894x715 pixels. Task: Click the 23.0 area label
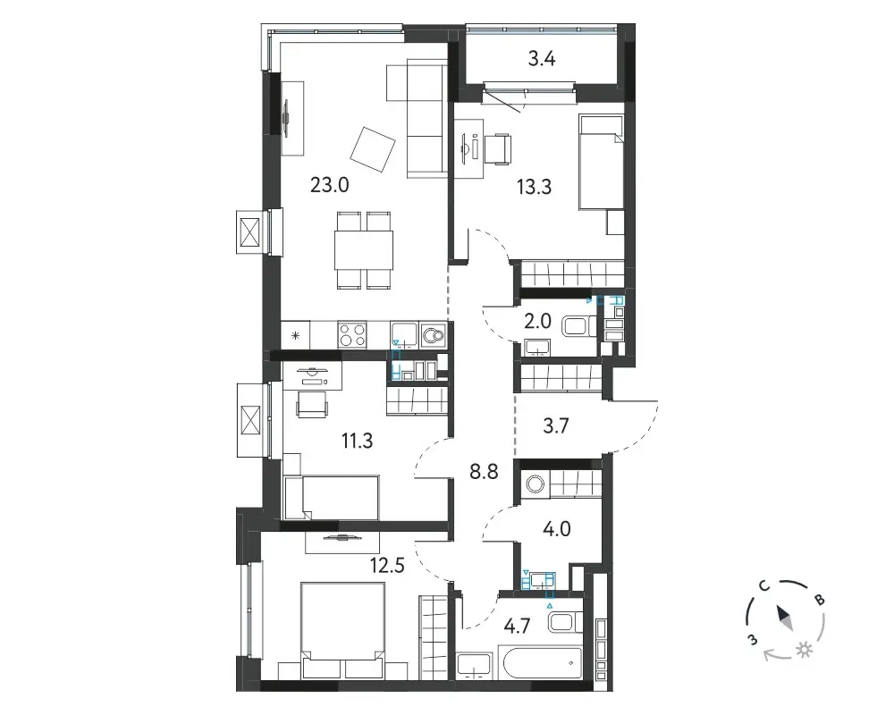point(330,185)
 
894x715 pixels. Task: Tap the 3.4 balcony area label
point(542,58)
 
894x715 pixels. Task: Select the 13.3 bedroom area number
point(535,187)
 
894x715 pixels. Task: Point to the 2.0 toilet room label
point(537,322)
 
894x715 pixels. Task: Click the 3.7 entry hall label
point(556,425)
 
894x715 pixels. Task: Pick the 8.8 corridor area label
point(484,472)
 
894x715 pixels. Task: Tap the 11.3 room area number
point(357,441)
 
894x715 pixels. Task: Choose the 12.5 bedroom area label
point(387,565)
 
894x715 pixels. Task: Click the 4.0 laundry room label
point(557,528)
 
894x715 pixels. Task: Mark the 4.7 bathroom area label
point(517,626)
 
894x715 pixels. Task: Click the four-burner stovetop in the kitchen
point(351,334)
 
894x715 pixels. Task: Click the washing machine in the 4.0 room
point(536,484)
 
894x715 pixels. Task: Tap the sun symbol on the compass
point(805,650)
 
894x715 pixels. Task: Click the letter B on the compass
point(819,600)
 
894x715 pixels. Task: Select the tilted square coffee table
point(373,149)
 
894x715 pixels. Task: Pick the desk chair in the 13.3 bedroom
point(500,149)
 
